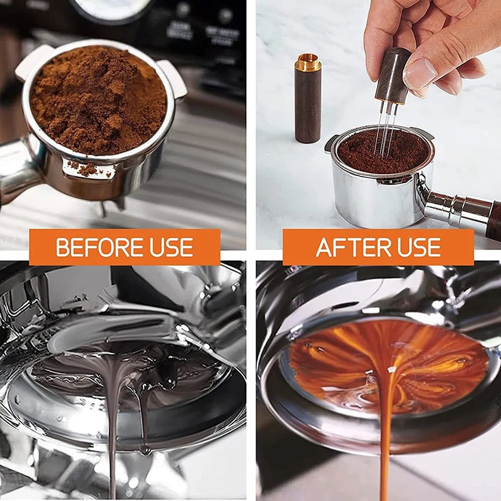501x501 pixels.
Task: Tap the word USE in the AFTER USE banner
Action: [x=416, y=247]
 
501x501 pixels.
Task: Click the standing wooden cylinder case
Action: [x=307, y=103]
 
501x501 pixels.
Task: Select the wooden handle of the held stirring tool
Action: [x=391, y=75]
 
